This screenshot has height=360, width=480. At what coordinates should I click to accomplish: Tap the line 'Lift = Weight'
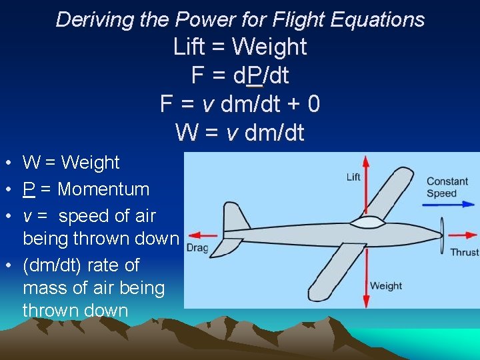[240, 47]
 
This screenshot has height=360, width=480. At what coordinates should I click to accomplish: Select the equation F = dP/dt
[240, 75]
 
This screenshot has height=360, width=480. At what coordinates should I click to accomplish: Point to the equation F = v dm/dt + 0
[240, 104]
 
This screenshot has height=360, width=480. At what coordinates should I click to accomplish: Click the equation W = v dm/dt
[240, 133]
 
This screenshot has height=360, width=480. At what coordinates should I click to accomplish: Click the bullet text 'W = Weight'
[71, 162]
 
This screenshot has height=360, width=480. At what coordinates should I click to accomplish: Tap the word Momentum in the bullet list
[103, 189]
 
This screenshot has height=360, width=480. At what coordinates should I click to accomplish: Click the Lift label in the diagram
[353, 177]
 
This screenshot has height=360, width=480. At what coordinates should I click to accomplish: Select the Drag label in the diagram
[198, 248]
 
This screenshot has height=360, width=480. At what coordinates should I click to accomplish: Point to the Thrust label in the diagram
[464, 252]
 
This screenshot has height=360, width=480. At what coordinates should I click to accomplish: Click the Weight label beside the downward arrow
[386, 286]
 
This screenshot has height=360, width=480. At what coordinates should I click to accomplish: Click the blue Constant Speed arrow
[449, 205]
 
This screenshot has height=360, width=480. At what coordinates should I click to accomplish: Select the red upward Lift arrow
[366, 187]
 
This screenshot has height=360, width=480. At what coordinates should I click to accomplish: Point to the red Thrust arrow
[462, 235]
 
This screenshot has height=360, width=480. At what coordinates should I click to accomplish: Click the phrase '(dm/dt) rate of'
[81, 265]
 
